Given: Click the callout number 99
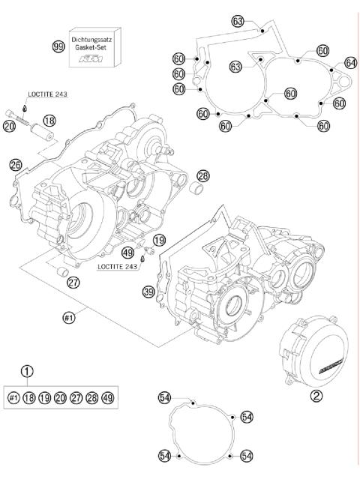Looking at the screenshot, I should pyautogui.click(x=57, y=46).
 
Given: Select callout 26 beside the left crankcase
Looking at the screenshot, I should pyautogui.click(x=16, y=163).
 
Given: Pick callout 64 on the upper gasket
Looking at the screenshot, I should pyautogui.click(x=350, y=62).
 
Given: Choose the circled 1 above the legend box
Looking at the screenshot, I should pyautogui.click(x=28, y=370).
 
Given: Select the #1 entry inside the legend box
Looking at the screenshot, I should pyautogui.click(x=13, y=397).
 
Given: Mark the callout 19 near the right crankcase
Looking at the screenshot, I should pyautogui.click(x=159, y=240).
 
